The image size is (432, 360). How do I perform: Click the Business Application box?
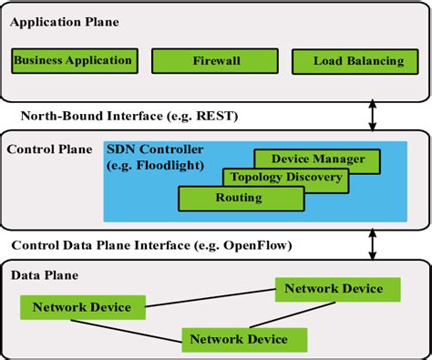(x=72, y=61)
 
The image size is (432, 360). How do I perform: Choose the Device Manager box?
(x=305, y=159)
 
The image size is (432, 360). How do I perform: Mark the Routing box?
(x=230, y=196)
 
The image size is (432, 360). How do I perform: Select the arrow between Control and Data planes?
(x=373, y=243)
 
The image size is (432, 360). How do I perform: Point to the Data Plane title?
(x=44, y=274)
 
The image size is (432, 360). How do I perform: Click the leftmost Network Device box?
(x=82, y=307)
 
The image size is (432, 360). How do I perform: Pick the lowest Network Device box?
(x=239, y=339)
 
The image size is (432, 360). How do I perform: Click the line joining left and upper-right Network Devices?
(x=210, y=297)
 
